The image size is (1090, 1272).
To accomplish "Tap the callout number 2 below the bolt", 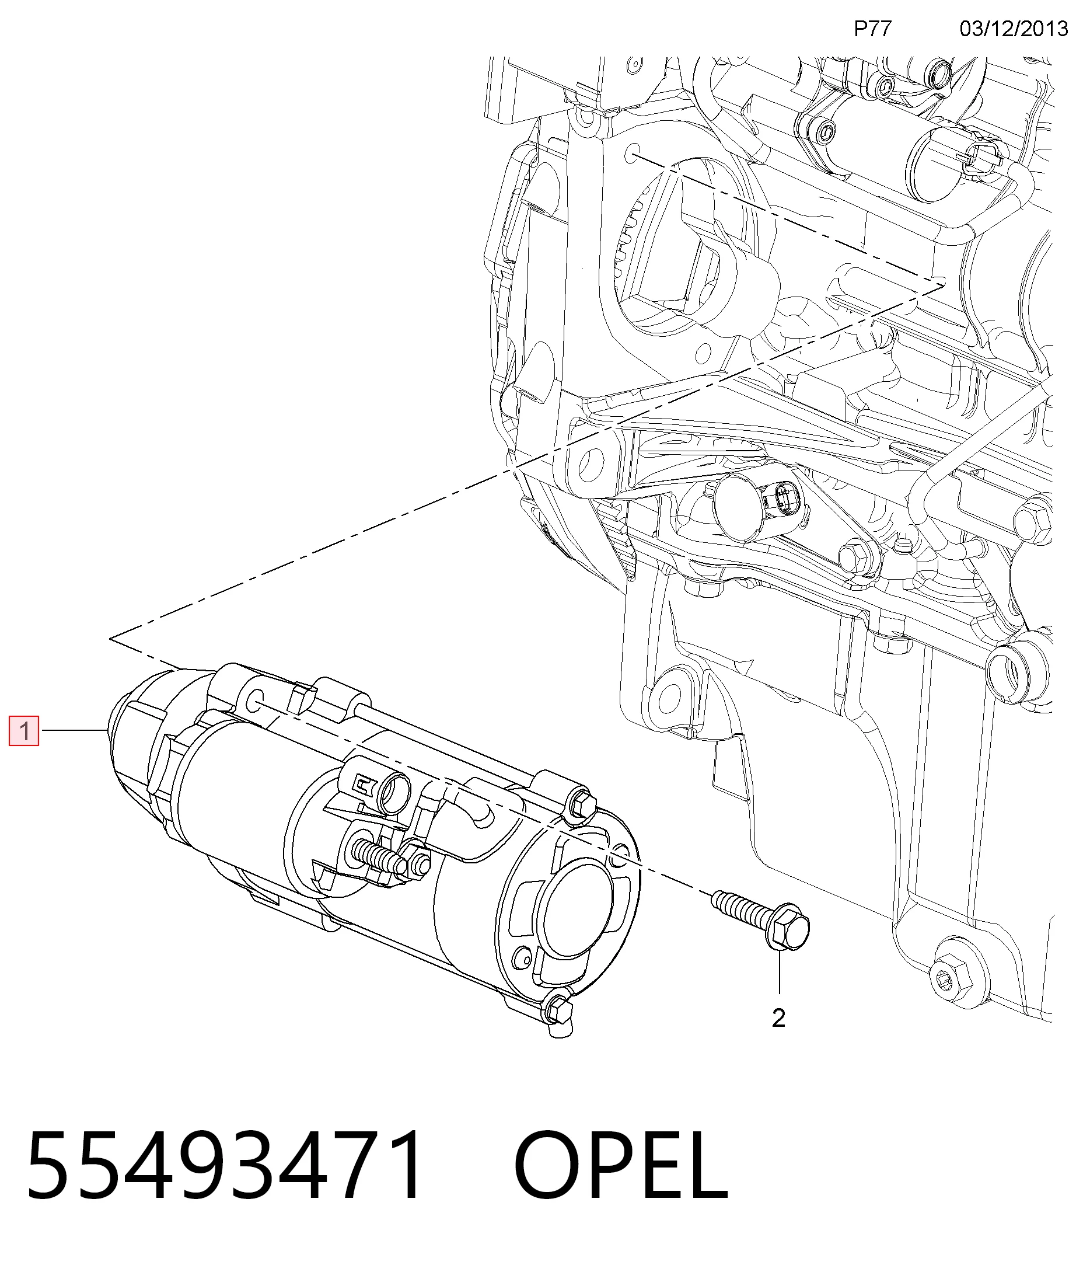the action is click(778, 1019).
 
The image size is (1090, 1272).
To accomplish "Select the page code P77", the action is click(873, 29).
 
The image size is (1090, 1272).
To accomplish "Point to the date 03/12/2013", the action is click(1014, 29).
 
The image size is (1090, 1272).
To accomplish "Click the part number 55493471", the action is click(225, 1165).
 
